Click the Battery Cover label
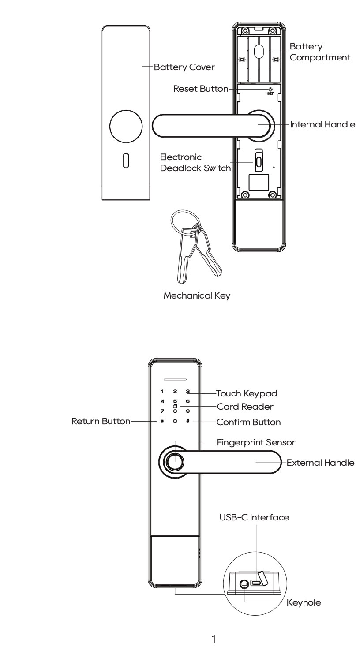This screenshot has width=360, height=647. pos(184,67)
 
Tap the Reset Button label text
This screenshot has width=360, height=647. pos(201,89)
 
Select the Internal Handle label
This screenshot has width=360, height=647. pos(322,124)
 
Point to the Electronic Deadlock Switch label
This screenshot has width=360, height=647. pos(195,163)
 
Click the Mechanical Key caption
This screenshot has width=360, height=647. pos(197,295)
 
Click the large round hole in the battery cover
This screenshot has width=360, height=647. pos(126,126)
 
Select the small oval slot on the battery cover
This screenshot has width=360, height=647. pos(126,161)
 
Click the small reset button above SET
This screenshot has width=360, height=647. pos(270,90)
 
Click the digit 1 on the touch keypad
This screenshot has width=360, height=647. pos(162,391)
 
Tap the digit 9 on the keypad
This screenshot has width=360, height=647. pos(188,411)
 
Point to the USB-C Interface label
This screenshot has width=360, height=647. pos(254,517)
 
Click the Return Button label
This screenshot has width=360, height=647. pos(101,421)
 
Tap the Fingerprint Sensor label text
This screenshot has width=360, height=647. pos(256,442)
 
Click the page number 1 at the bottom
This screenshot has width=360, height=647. pos(214,639)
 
